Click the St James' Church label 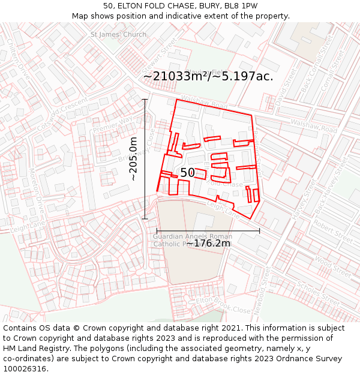118,34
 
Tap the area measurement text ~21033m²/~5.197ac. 208,76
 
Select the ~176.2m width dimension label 208,243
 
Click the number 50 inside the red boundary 187,173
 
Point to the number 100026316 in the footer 25,368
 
